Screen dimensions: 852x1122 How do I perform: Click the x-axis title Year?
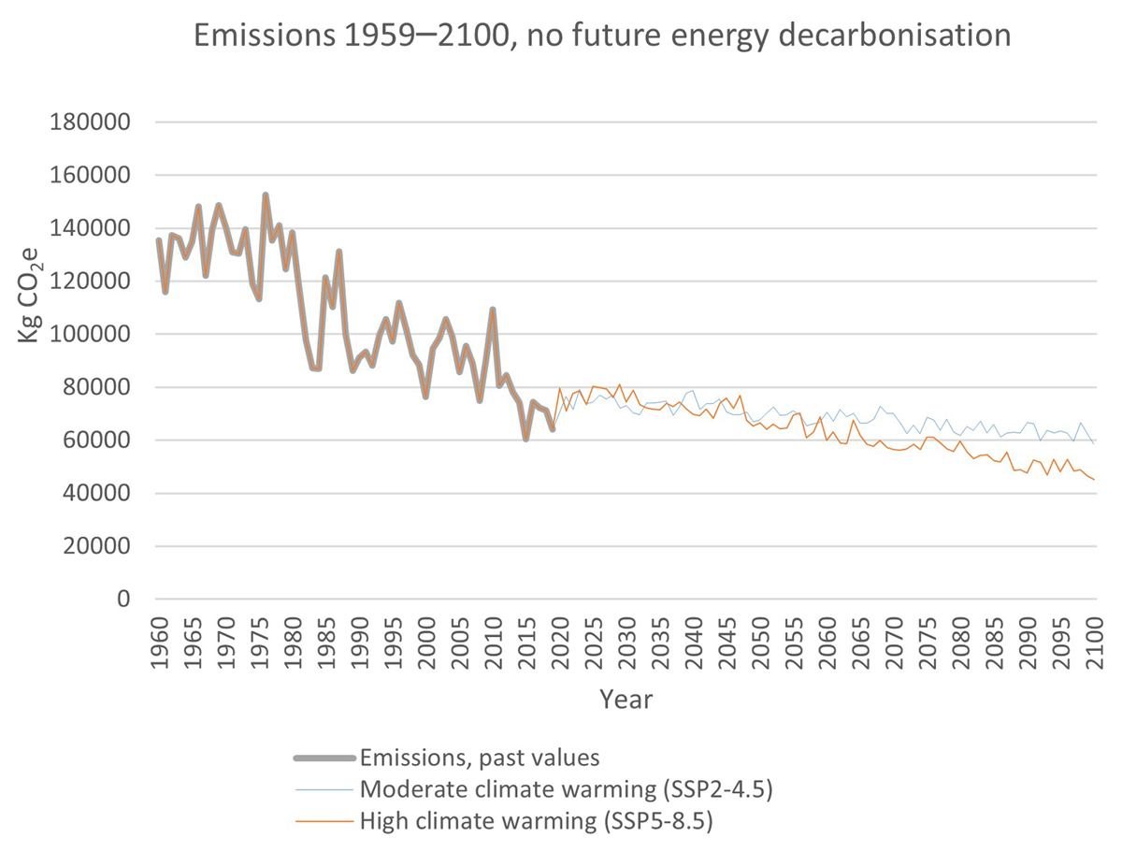(626, 699)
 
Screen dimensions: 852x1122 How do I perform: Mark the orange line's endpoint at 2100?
(1094, 480)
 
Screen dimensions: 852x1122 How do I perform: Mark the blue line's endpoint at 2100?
(1094, 442)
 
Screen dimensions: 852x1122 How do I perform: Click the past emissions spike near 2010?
(493, 309)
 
